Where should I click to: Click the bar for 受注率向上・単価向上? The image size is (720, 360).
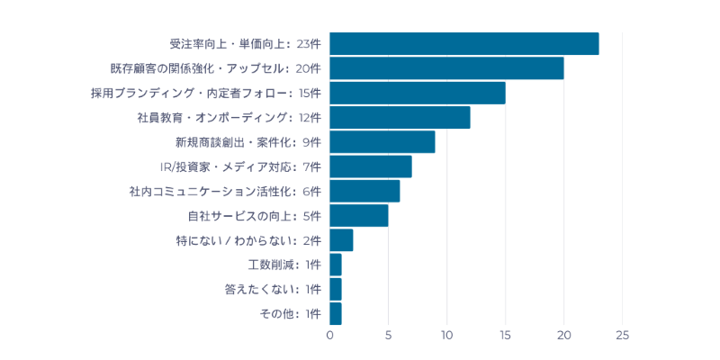[x=464, y=43]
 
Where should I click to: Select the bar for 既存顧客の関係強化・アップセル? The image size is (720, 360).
[x=446, y=68]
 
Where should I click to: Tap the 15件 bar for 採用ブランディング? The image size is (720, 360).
[x=418, y=93]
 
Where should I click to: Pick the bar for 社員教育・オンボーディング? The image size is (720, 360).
[x=400, y=117]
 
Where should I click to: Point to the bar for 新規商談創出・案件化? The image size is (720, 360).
[x=382, y=142]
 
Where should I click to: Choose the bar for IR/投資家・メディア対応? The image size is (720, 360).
[x=371, y=166]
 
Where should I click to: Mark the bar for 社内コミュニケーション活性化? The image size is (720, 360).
[x=364, y=191]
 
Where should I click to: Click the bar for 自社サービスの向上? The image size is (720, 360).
[x=359, y=215]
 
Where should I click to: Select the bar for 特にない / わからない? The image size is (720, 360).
[x=341, y=240]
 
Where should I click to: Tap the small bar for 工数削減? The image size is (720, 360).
[x=336, y=265]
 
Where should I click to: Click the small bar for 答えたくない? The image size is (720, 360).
[x=336, y=289]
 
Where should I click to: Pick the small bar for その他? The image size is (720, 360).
[x=336, y=313]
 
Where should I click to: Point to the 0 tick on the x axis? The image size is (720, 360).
[x=330, y=335]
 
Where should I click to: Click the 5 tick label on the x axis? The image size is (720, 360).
[x=389, y=335]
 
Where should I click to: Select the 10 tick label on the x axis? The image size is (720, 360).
[x=447, y=335]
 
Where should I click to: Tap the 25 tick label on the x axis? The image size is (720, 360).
[x=622, y=335]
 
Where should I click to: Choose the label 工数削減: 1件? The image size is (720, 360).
[x=284, y=265]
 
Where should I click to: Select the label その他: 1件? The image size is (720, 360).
[x=290, y=313]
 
